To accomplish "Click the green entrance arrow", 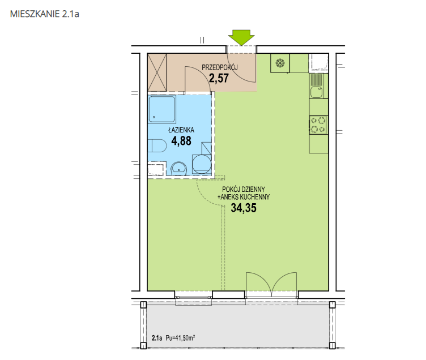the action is pos(241,37).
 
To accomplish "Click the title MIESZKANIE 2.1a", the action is pos(45,14).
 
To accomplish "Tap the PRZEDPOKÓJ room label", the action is pos(220,67).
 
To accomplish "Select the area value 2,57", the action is pos(219,78).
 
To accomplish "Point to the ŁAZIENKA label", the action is pos(181,130).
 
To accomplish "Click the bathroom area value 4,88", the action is pos(181,141).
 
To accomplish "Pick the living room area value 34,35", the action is pos(244,208).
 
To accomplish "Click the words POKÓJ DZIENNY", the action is pos(244,189).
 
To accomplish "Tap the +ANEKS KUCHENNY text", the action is pos(244,197).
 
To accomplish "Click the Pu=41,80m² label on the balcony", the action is pos(180,338).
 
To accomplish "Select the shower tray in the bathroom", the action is pos(162,109).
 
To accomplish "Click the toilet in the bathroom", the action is pos(157,146).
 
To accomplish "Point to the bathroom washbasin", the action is pos(178,168).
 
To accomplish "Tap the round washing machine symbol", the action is pos(202,164).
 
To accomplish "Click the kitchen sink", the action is pos(316,92).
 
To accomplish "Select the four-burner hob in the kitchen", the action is pos(318,125).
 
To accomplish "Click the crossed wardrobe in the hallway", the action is pos(157,72).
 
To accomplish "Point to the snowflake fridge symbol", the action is pos(280,63).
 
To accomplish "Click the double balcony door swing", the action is pos(271,282).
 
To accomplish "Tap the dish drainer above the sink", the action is pos(316,80).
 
